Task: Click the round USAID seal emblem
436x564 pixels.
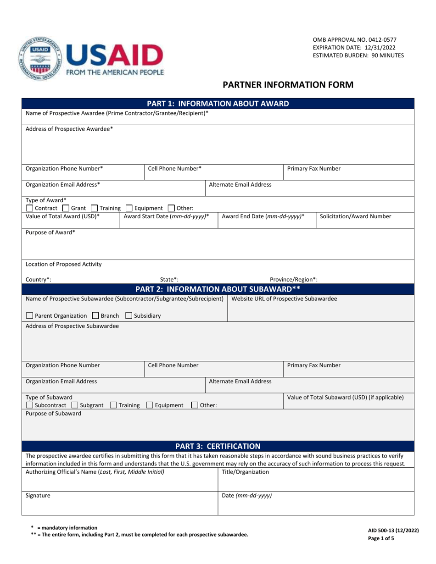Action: point(39,59)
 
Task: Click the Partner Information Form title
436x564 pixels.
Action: point(288,85)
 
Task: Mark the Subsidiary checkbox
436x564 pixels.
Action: point(129,316)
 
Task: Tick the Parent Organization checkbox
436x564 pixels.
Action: point(29,316)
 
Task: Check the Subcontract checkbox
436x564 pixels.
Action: point(29,405)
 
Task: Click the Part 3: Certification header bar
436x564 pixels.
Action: point(218,446)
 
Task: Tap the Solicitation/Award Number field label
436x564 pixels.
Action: point(356,216)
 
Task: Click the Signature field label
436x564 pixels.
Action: point(38,496)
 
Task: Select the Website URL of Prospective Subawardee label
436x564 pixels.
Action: point(284,299)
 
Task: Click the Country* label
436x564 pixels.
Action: point(39,279)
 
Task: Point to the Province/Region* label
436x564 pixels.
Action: point(294,279)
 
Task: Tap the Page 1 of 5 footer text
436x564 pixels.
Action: point(381,539)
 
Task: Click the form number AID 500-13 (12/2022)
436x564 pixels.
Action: point(393,531)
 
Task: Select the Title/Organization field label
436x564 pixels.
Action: point(246,471)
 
